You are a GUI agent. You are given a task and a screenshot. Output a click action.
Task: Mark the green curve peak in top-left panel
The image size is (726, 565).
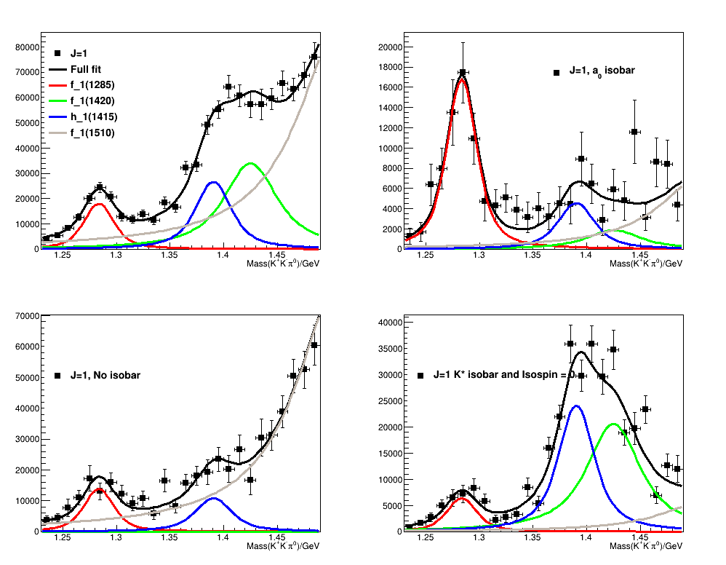point(250,163)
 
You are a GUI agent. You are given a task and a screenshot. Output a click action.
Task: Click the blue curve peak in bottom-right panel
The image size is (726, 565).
point(576,406)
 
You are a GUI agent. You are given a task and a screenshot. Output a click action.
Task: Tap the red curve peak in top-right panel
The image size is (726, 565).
point(463,77)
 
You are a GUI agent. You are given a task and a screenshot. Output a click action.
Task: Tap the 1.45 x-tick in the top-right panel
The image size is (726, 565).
point(640,256)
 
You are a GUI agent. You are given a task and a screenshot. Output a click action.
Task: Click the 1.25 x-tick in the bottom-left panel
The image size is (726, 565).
point(63,539)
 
